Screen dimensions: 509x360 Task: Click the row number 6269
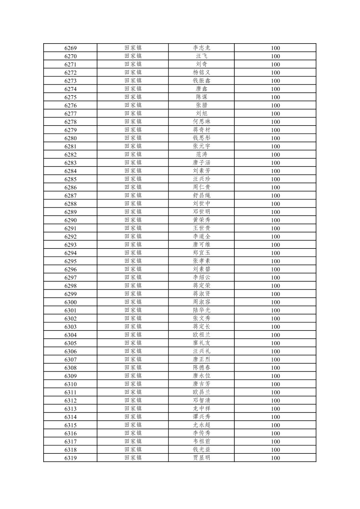click(x=70, y=48)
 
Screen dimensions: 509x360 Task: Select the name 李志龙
click(x=201, y=48)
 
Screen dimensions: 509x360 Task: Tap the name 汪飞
click(x=201, y=56)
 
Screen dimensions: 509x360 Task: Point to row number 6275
click(x=70, y=97)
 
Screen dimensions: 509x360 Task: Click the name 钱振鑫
click(x=201, y=81)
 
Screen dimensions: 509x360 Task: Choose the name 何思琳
click(x=201, y=122)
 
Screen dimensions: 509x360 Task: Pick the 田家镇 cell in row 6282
click(x=133, y=154)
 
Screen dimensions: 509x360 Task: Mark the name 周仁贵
click(x=201, y=187)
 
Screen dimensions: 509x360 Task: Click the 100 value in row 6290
click(x=275, y=220)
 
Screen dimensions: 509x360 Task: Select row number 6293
click(x=70, y=245)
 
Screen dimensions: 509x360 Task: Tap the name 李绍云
click(x=201, y=278)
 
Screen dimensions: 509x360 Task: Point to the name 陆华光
click(x=201, y=310)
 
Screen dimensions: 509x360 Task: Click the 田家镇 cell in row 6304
click(x=133, y=335)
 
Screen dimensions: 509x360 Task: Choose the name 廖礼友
click(x=201, y=343)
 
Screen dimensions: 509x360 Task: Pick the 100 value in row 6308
click(x=275, y=368)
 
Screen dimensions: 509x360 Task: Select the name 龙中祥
click(x=201, y=409)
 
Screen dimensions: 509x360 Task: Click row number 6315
click(x=70, y=425)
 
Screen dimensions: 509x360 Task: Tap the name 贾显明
click(x=201, y=458)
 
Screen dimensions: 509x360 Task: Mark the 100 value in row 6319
click(x=275, y=458)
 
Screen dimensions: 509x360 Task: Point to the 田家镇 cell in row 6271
click(x=133, y=64)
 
